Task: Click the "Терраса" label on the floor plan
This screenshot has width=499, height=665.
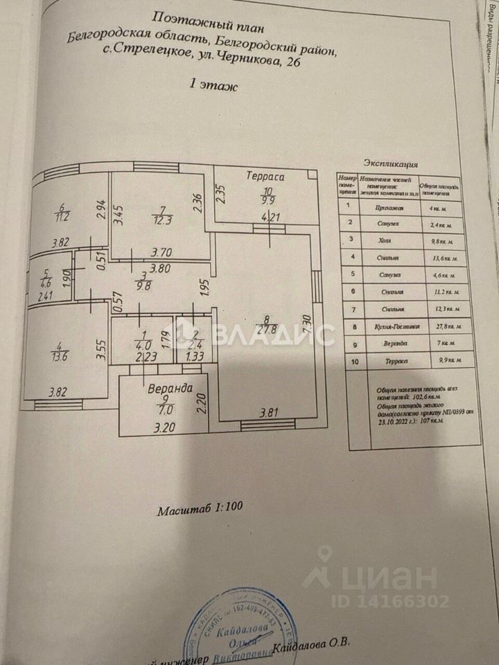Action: click(x=265, y=177)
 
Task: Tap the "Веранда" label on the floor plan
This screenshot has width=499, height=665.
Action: click(x=170, y=389)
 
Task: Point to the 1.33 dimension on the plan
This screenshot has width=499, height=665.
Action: click(x=195, y=358)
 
